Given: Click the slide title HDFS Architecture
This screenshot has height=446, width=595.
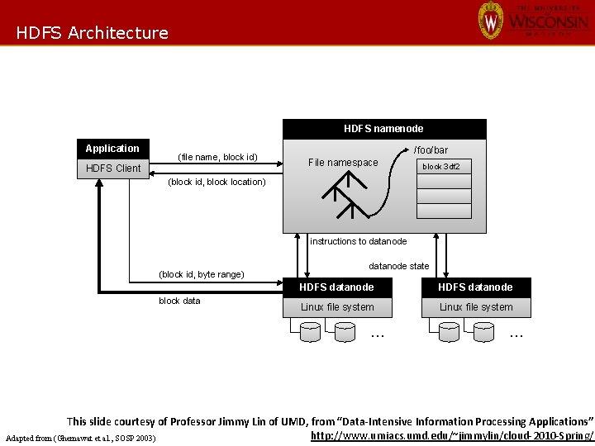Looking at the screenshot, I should pos(92,33).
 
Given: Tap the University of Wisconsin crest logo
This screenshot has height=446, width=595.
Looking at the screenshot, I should pos(490,20).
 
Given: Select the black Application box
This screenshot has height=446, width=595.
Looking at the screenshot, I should pos(112,149).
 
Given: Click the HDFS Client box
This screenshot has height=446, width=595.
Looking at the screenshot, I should pos(113,168).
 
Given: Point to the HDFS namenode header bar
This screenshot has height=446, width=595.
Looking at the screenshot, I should pos(384,129).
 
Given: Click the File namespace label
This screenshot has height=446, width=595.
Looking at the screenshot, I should pos(342,163).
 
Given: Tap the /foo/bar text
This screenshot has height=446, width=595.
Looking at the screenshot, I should pos(431,150).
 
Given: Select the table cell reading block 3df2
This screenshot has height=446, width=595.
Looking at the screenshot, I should pos(440,167).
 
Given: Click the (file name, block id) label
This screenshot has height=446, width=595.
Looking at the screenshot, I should pos(218,157).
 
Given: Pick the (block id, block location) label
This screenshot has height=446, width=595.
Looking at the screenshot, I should pos(217,182).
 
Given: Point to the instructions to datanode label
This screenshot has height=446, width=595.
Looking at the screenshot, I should pos(359,241).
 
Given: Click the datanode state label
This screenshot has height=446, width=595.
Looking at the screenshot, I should pos(398,266).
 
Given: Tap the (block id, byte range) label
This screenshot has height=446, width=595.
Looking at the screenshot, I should pos(202,274).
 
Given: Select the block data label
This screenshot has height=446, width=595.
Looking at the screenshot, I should pos(179,301).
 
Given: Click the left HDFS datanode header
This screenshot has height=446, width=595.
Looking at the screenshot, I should pos(336,287).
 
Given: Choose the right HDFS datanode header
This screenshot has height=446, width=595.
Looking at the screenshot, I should pos(475,287).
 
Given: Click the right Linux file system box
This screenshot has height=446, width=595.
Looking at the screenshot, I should pos(475,307).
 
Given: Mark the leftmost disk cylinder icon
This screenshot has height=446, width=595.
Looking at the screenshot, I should pos(310,332).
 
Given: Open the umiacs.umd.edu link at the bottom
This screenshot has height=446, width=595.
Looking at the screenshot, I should pos(452,435).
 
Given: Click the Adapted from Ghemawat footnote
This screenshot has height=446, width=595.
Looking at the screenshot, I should pos(80,437).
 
